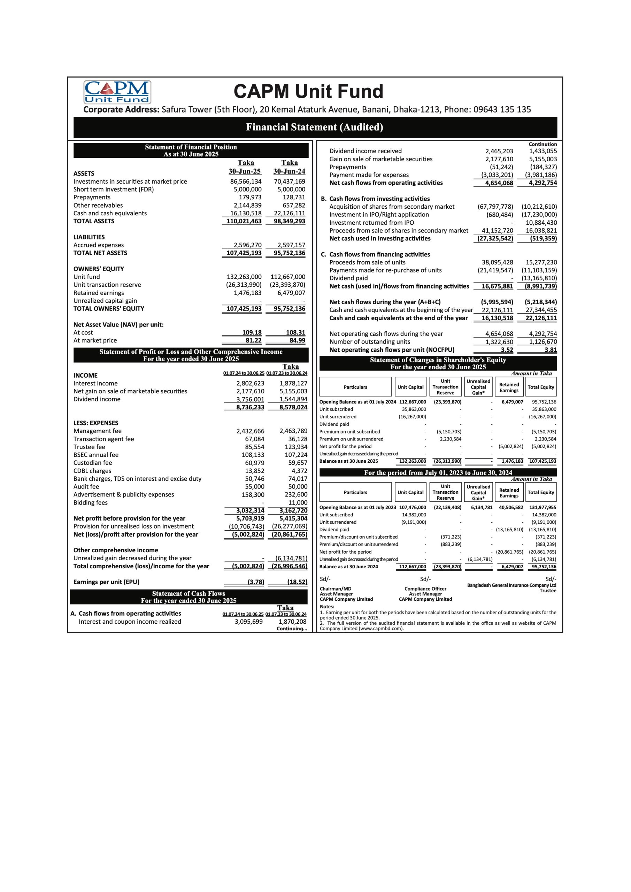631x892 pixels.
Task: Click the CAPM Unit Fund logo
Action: coord(117,92)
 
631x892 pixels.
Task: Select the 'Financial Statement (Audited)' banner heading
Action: coord(315,127)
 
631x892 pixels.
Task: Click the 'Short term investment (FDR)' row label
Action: coord(114,190)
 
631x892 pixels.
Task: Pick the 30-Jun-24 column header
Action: coord(289,171)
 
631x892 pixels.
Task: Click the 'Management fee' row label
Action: coord(97,431)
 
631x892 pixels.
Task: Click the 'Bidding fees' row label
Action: coord(90,503)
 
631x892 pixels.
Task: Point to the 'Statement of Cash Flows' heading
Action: coord(188,593)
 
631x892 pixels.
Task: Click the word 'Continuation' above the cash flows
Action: coord(542,144)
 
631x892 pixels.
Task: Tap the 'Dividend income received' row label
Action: coord(365,151)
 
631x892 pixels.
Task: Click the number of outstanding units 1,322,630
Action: coord(499,342)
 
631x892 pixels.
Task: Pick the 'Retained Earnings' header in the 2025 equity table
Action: coord(509,387)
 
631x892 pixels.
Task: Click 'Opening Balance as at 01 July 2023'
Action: coord(357,507)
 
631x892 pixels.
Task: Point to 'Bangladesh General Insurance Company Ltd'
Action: coord(511,585)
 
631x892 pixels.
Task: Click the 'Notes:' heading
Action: coord(327,606)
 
